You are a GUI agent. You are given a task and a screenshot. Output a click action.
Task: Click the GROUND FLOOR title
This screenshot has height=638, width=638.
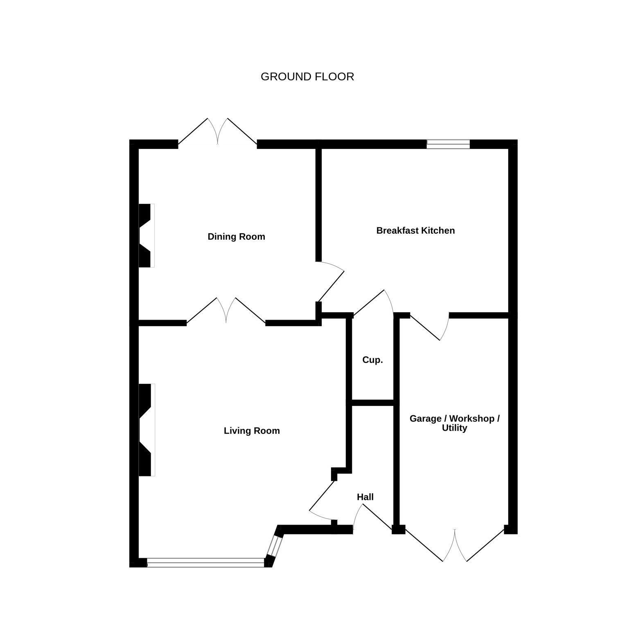click(x=307, y=77)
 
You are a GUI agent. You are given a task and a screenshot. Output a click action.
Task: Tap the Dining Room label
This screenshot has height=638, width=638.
click(x=236, y=237)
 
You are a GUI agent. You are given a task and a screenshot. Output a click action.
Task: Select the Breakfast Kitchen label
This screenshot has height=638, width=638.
click(x=415, y=230)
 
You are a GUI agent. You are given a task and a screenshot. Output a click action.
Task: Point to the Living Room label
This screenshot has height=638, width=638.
click(x=252, y=431)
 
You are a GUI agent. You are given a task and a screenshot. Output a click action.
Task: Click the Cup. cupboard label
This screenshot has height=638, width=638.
click(x=372, y=360)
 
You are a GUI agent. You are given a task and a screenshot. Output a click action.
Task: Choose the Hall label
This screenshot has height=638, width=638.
click(x=365, y=497)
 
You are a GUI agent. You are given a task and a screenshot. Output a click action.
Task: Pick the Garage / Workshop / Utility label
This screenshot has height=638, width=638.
click(x=455, y=423)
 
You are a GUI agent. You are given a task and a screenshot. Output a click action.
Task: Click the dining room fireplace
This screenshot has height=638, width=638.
click(x=146, y=235)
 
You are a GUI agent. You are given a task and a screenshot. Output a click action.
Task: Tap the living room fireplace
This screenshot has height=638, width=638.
click(x=147, y=430)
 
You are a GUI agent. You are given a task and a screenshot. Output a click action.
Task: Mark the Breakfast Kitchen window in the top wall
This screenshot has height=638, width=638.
click(x=448, y=144)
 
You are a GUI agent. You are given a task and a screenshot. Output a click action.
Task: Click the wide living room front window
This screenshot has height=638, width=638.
click(x=205, y=562)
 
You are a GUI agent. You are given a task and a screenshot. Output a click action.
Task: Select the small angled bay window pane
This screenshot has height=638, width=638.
click(x=275, y=546)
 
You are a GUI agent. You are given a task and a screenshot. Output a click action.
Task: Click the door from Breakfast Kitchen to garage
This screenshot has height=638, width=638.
click(x=430, y=327)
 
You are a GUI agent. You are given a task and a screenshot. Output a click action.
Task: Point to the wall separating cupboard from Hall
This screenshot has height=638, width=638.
click(x=372, y=403)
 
